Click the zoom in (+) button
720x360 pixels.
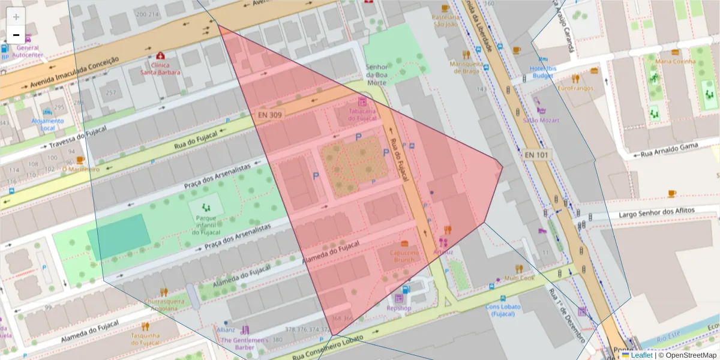(x=16, y=17)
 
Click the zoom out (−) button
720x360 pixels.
(x=16, y=35)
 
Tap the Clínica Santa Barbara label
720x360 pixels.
(x=160, y=68)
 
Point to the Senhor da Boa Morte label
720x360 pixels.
(x=377, y=74)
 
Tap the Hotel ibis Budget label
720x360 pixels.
(x=543, y=72)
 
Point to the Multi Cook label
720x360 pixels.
(x=519, y=278)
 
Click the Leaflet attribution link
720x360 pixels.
(x=641, y=355)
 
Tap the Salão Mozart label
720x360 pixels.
(x=541, y=120)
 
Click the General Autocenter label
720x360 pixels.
(x=28, y=51)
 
